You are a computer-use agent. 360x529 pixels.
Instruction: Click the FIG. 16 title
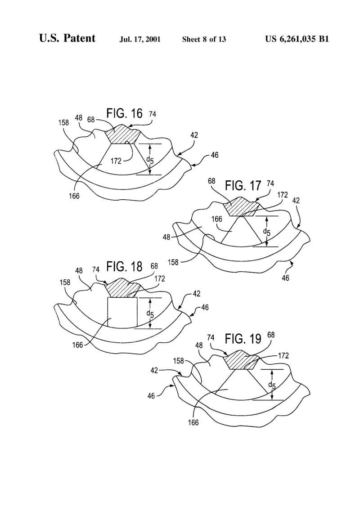pyautogui.click(x=125, y=113)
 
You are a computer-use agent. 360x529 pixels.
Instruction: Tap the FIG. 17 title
pyautogui.click(x=243, y=185)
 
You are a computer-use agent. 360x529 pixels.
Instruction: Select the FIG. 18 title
pyautogui.click(x=125, y=266)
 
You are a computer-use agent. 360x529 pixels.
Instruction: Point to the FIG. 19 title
pyautogui.click(x=243, y=339)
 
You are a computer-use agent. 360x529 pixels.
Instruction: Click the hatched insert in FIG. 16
pyautogui.click(x=122, y=135)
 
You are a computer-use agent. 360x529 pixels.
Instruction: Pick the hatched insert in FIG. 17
pyautogui.click(x=242, y=207)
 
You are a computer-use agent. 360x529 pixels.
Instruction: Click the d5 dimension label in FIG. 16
pyautogui.click(x=150, y=160)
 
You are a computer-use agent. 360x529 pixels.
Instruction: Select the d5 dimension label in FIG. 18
pyautogui.click(x=150, y=314)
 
